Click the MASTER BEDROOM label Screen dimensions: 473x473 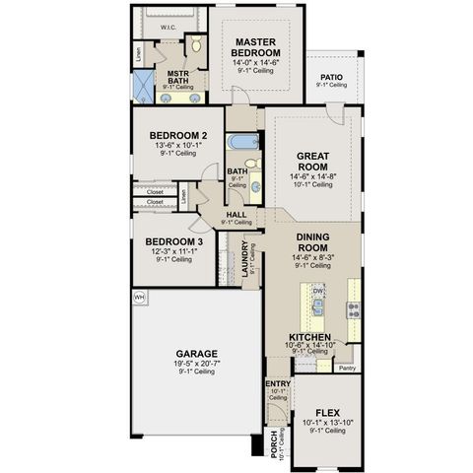coord(257,46)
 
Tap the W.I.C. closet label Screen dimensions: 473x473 coord(168,29)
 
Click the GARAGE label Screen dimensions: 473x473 coord(197,353)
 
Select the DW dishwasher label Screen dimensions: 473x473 coord(318,292)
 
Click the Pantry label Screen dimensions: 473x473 coord(346,368)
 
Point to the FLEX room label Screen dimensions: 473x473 coord(327,412)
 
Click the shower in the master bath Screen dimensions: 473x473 coord(145,87)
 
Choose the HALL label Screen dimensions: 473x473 coord(236,214)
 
